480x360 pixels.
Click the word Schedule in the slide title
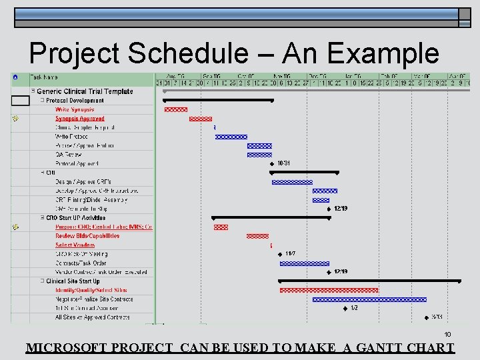pos(201,54)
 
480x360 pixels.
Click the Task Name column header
pos(45,77)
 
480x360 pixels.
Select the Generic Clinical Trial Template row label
pos(85,91)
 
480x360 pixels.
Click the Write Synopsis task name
pos(75,109)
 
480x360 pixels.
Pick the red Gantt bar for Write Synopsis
pos(176,109)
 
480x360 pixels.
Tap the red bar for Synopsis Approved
pos(201,119)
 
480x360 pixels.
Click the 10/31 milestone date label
pos(284,163)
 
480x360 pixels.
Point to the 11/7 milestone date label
pos(290,253)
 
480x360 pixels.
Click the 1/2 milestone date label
pos(354,308)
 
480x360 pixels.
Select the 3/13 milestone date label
pos(437,317)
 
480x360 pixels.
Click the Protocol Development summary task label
pos(75,101)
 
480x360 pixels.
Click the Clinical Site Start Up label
pos(73,281)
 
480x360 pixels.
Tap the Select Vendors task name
pos(75,245)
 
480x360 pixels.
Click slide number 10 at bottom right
pos(448,335)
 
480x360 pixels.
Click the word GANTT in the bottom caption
pos(389,348)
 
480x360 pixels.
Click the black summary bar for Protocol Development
pos(219,100)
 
